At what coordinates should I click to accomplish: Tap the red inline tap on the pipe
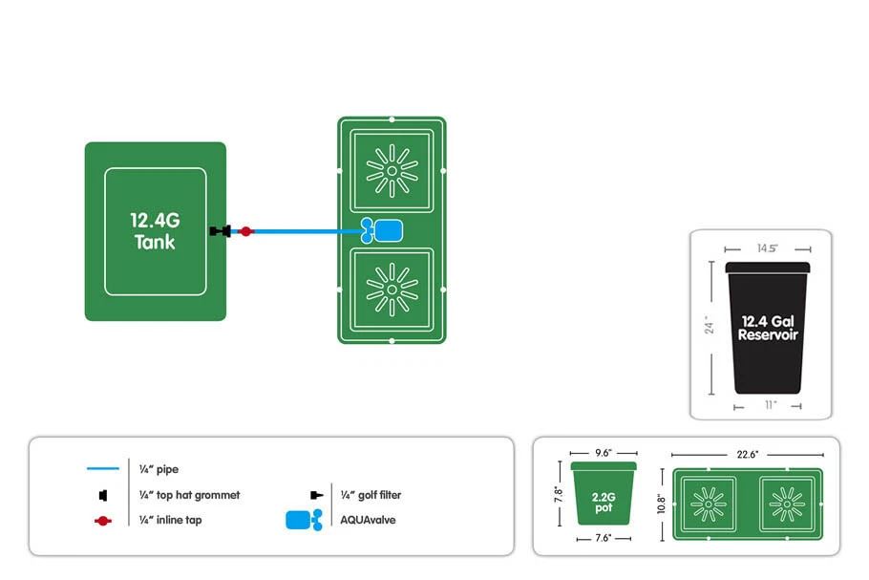coord(245,231)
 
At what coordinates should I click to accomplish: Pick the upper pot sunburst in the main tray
coord(391,171)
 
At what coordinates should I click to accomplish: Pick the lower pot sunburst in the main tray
coord(391,288)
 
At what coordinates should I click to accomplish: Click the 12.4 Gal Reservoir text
coord(768,327)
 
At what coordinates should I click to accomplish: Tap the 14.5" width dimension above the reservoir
coord(768,248)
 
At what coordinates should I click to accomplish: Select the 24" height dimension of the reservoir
coord(710,327)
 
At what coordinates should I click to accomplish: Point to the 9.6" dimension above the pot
coord(603,453)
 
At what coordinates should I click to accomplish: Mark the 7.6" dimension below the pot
coord(603,539)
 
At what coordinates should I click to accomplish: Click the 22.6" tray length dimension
coord(748,455)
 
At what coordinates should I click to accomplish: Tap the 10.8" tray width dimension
coord(661,504)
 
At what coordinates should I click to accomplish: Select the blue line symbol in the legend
coord(103,469)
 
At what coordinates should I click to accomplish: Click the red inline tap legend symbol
coord(103,520)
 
